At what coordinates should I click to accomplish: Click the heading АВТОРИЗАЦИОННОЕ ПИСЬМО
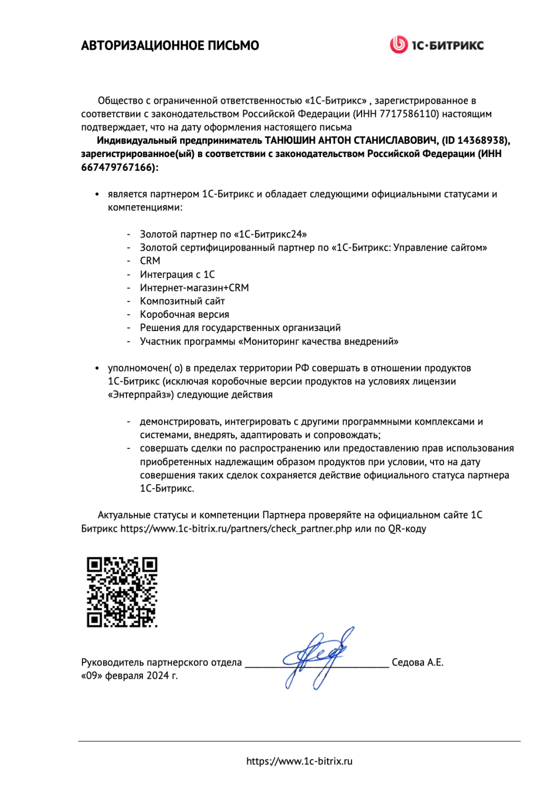(x=170, y=45)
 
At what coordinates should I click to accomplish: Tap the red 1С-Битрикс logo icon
(x=398, y=45)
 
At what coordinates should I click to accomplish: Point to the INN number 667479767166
(x=117, y=168)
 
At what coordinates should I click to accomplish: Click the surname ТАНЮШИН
(x=291, y=141)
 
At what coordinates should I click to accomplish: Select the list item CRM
(x=150, y=261)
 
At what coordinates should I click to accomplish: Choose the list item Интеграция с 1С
(x=177, y=274)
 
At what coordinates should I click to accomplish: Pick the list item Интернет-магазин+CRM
(x=194, y=288)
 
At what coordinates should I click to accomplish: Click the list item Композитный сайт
(x=182, y=301)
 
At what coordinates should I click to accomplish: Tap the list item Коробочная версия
(x=184, y=315)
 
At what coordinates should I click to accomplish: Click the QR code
(x=122, y=592)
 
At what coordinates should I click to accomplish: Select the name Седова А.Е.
(x=417, y=662)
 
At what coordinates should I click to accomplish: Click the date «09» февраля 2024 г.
(x=129, y=676)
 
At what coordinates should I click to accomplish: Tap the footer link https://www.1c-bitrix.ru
(x=299, y=761)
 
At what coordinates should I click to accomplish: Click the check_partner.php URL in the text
(x=236, y=529)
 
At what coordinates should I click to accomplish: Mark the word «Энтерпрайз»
(x=141, y=395)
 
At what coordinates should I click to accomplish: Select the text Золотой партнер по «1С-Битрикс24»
(x=223, y=234)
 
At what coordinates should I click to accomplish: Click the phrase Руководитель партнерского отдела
(x=161, y=662)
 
